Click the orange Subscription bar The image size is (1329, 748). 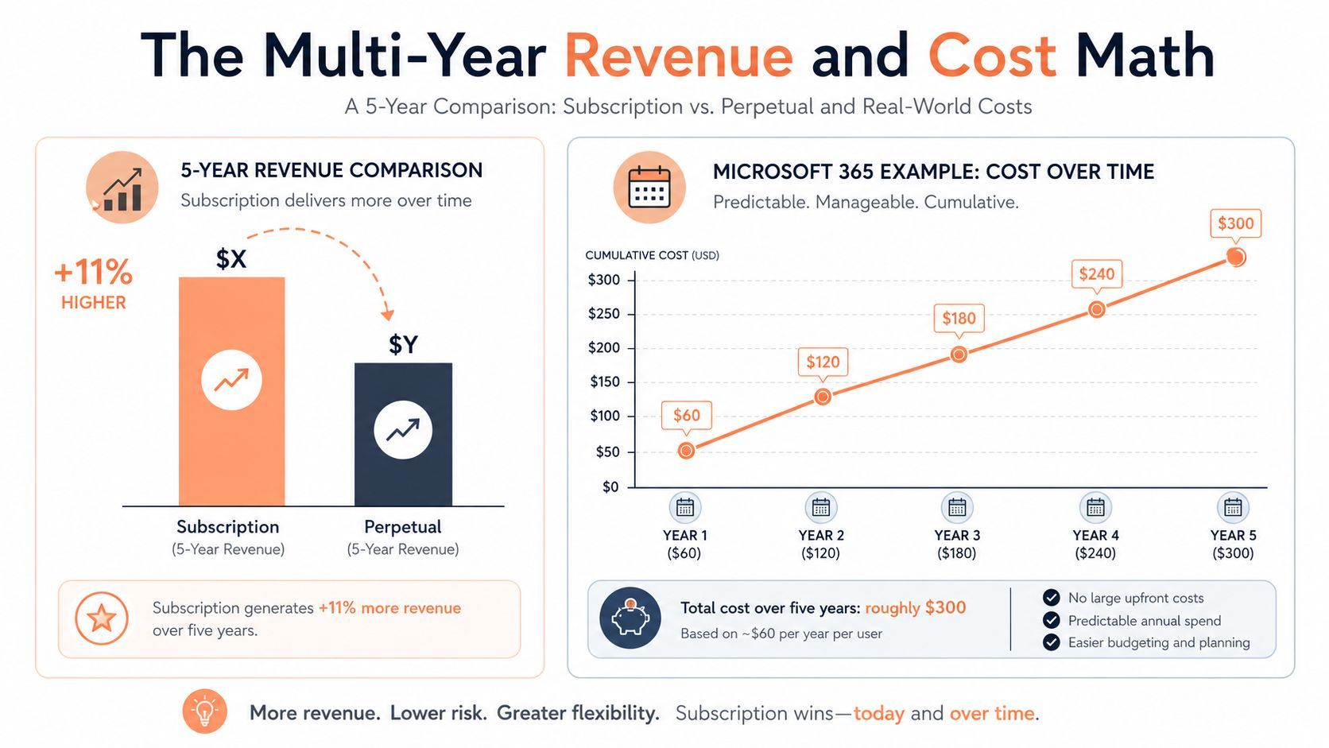coord(231,392)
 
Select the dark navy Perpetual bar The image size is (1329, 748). coord(404,434)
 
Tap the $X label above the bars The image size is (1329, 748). coord(231,259)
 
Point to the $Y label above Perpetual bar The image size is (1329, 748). coord(404,344)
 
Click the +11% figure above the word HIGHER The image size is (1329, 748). coord(93,273)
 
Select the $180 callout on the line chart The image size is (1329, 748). coord(959,319)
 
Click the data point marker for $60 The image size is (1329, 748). coord(686,451)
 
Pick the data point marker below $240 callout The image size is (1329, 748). coord(1096,310)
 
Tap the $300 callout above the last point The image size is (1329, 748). coord(1235,223)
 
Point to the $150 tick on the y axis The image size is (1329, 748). coord(605,382)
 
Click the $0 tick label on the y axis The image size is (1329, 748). coord(610,487)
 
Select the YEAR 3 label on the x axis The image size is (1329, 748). coord(957,535)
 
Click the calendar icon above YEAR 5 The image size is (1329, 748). coord(1233,508)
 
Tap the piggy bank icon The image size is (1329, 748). coord(630,618)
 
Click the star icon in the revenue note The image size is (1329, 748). coord(102,618)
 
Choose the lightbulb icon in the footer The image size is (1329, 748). coord(205,711)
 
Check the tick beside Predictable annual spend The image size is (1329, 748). coord(1051,620)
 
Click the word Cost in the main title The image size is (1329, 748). coord(992,56)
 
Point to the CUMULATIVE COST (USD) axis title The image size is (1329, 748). coord(652,255)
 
